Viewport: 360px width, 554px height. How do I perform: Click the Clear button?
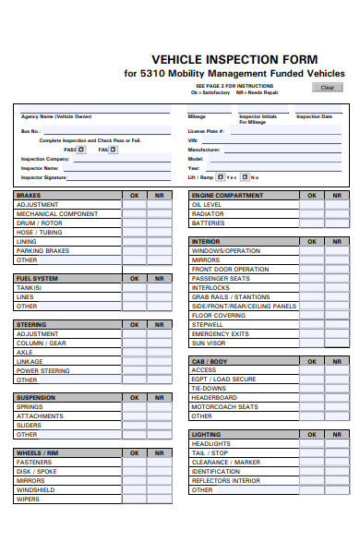(x=326, y=88)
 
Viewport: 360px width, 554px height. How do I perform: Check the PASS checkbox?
(x=80, y=149)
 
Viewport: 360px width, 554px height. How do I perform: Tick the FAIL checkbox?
(x=114, y=149)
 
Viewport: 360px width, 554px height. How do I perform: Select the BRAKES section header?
(x=30, y=196)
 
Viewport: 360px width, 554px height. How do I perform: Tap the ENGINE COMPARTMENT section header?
(x=227, y=196)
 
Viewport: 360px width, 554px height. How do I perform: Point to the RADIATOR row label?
(x=208, y=213)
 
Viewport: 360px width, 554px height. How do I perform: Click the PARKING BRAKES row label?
(x=42, y=250)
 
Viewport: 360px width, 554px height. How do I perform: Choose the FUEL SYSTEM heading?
(x=37, y=278)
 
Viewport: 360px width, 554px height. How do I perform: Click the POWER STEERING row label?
(x=42, y=370)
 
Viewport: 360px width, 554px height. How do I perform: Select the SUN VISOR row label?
(x=209, y=343)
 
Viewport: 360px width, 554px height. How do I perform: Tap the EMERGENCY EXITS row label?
(x=220, y=333)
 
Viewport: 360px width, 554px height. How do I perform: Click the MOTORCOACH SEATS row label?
(x=224, y=406)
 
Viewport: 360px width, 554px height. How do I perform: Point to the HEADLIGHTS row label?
(x=211, y=443)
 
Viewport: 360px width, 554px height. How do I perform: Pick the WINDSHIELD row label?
(x=34, y=489)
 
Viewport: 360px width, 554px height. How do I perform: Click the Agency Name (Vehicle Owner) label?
(x=56, y=117)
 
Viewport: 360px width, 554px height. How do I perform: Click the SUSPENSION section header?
(x=35, y=397)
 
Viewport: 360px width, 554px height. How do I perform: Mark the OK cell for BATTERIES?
(x=310, y=223)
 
